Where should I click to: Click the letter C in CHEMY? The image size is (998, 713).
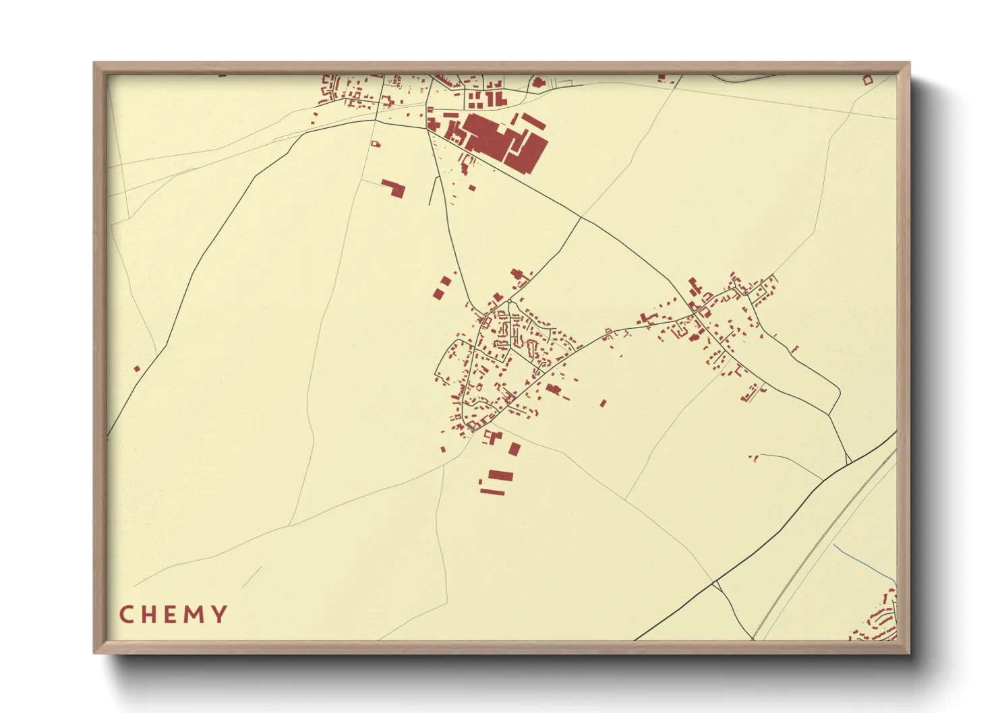[126, 615]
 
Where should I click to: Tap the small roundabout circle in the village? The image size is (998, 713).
[509, 301]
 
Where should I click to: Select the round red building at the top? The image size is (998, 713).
[538, 83]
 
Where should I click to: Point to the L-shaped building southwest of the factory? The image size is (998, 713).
[393, 187]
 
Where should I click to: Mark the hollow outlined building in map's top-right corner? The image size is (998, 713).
[868, 80]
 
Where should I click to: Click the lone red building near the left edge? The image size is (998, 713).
[137, 369]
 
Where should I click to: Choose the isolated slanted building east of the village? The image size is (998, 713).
[603, 403]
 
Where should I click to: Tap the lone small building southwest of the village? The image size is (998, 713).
[443, 449]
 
